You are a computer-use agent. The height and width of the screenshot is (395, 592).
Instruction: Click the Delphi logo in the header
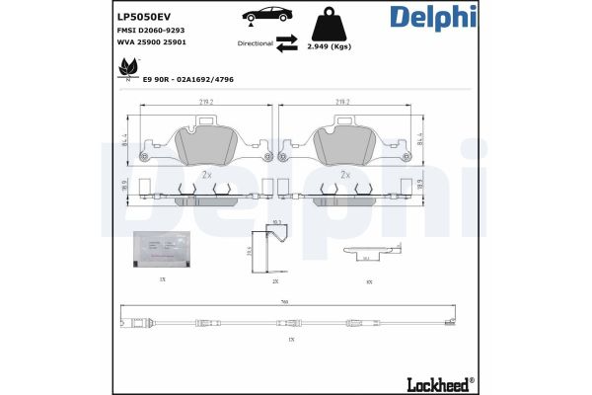[431, 18]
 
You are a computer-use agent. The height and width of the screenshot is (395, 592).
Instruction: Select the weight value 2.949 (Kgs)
[330, 46]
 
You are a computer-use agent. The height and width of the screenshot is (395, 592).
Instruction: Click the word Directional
[256, 43]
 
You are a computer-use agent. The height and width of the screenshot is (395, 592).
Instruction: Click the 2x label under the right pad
[344, 174]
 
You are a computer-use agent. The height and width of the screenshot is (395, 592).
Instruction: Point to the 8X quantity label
[368, 281]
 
